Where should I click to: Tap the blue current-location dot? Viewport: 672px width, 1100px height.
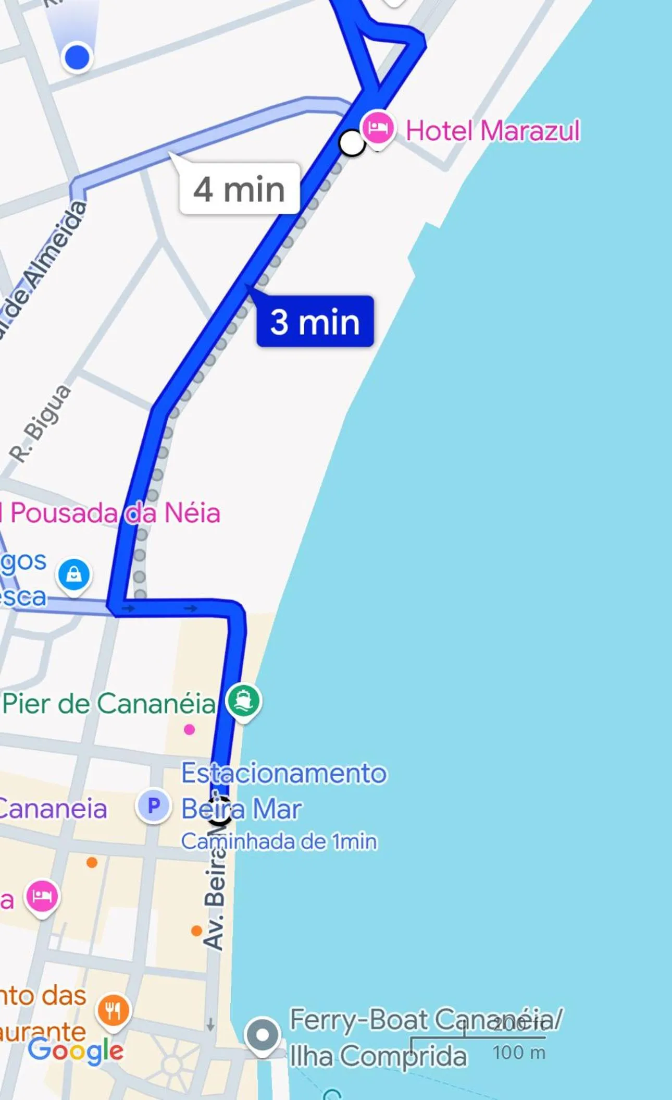[x=77, y=57]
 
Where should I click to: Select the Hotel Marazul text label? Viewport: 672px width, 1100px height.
[x=492, y=130]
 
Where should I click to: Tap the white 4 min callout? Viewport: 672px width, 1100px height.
[x=239, y=189]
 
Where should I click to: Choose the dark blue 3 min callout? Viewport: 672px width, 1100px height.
[x=315, y=322]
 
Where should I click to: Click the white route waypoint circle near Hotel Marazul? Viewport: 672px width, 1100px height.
[x=352, y=143]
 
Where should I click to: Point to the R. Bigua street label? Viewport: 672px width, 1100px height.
[x=41, y=423]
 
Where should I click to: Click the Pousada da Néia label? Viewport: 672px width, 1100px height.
[x=115, y=513]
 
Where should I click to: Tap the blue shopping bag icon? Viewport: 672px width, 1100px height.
[x=74, y=575]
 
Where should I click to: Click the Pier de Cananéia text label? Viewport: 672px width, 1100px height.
[x=109, y=704]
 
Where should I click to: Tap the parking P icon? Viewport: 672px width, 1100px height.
[x=153, y=806]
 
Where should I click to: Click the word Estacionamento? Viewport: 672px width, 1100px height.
[x=284, y=773]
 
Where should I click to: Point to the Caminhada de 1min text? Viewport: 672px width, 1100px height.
[x=279, y=841]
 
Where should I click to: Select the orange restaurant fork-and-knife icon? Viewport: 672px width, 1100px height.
[x=113, y=1011]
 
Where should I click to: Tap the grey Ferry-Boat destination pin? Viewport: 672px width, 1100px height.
[x=262, y=1035]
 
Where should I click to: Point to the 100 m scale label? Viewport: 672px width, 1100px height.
[x=519, y=1053]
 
